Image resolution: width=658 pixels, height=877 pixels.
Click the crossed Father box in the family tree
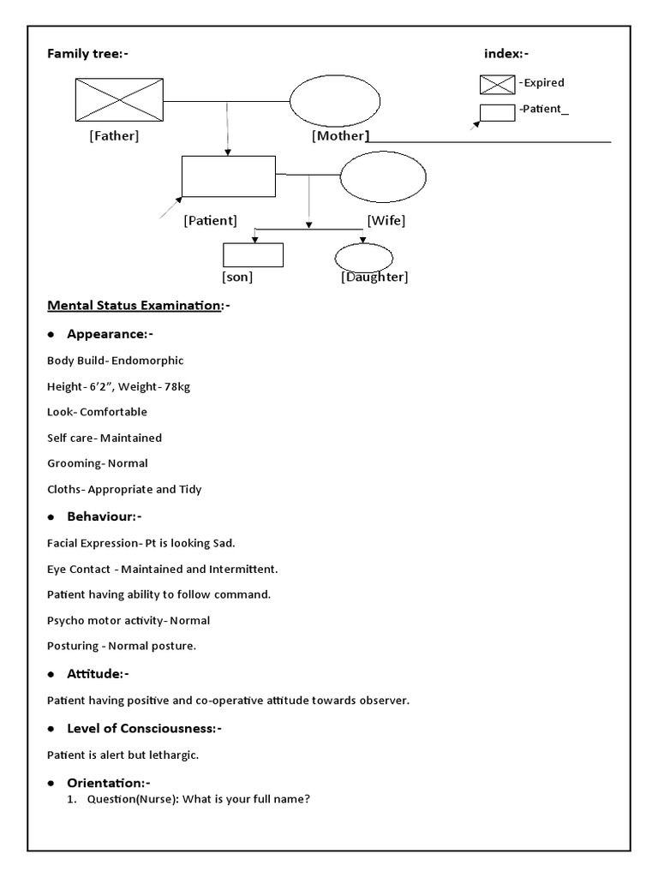119,100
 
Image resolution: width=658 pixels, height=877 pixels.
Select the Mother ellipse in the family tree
334,102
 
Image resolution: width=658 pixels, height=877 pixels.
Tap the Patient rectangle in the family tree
228,176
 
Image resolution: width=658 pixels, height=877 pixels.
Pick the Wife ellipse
383,180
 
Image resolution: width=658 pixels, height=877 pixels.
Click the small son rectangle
253,255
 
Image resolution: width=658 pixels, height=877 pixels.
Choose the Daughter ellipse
363,257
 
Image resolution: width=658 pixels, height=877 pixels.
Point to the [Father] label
114,135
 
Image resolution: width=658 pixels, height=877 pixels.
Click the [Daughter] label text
374,277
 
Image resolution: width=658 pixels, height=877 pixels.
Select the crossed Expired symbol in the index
497,84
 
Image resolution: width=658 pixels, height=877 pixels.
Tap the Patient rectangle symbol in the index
497,112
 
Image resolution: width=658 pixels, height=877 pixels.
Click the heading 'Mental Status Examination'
135,305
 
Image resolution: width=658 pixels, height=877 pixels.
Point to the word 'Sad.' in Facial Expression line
222,543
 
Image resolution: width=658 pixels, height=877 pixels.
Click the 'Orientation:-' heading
108,783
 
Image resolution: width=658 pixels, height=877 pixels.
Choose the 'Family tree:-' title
87,54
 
